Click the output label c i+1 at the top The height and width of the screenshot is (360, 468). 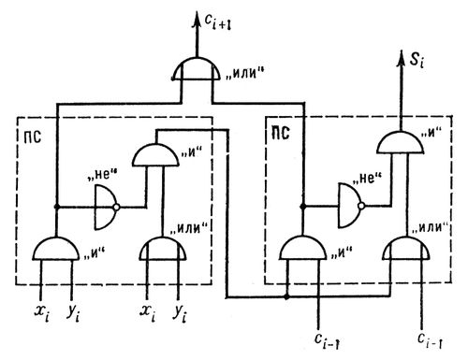click(x=218, y=22)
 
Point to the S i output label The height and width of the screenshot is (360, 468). click(x=417, y=60)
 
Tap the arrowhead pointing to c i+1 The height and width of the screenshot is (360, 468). click(x=197, y=20)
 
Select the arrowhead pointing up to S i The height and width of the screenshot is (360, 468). click(x=401, y=58)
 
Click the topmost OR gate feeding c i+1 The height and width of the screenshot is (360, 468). click(x=197, y=68)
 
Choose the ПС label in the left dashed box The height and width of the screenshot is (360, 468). click(x=33, y=137)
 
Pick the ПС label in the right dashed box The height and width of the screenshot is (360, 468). click(x=281, y=133)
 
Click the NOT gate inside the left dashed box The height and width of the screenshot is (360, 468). click(x=107, y=208)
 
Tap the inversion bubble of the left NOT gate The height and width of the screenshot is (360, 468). click(x=116, y=207)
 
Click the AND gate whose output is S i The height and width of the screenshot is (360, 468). click(x=401, y=143)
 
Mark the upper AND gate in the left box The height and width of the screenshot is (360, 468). click(x=155, y=155)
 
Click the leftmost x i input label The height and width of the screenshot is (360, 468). click(x=42, y=313)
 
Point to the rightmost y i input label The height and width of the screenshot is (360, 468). click(x=180, y=314)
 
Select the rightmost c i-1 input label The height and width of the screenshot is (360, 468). click(x=430, y=340)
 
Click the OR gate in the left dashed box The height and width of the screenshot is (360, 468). click(x=163, y=249)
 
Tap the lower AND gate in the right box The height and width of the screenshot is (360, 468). click(x=302, y=248)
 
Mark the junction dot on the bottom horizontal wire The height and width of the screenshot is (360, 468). click(x=286, y=297)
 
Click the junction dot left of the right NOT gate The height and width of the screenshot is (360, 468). click(x=302, y=207)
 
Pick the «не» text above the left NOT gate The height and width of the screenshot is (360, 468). click(x=102, y=175)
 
